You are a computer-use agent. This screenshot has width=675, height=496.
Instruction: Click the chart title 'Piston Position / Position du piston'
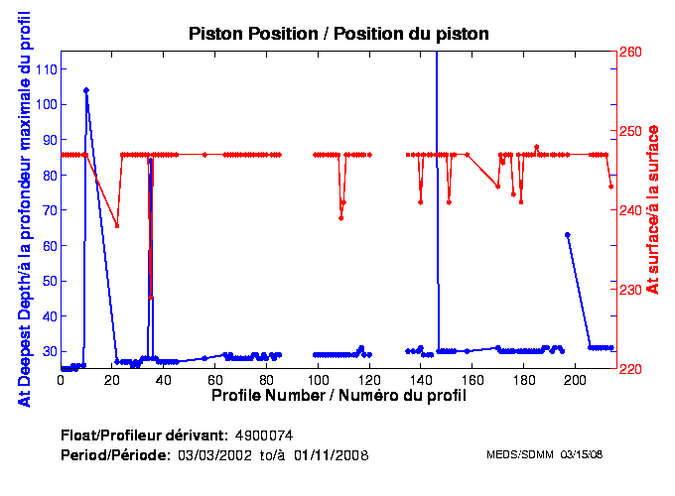click(x=339, y=34)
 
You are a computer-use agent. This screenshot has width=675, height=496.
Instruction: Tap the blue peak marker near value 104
click(x=86, y=90)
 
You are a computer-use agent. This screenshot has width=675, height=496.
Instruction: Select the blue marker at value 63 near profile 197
click(x=567, y=235)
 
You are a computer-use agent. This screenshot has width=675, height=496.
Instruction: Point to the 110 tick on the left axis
click(x=45, y=69)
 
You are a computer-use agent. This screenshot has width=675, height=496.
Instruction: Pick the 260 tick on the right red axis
click(x=631, y=52)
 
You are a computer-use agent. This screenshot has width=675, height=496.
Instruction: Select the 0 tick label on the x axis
click(x=62, y=379)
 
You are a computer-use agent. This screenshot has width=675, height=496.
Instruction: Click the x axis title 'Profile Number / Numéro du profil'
click(x=338, y=395)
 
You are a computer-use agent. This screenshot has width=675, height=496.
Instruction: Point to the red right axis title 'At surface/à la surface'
click(x=653, y=209)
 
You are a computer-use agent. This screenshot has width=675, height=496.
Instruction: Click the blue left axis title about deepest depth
click(x=22, y=209)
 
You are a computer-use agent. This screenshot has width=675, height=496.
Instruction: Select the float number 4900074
click(x=263, y=435)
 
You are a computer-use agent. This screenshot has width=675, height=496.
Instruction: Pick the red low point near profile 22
click(x=117, y=226)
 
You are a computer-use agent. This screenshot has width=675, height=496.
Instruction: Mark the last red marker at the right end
click(x=611, y=186)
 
